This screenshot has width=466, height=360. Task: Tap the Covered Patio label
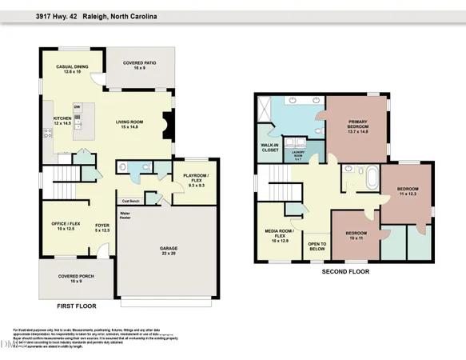click(145, 66)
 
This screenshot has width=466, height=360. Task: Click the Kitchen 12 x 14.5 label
click(62, 122)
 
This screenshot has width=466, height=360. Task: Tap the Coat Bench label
click(131, 201)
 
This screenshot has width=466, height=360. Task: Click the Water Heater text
click(125, 216)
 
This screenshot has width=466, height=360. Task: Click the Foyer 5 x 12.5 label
click(102, 229)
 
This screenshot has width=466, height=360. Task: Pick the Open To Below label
click(317, 246)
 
